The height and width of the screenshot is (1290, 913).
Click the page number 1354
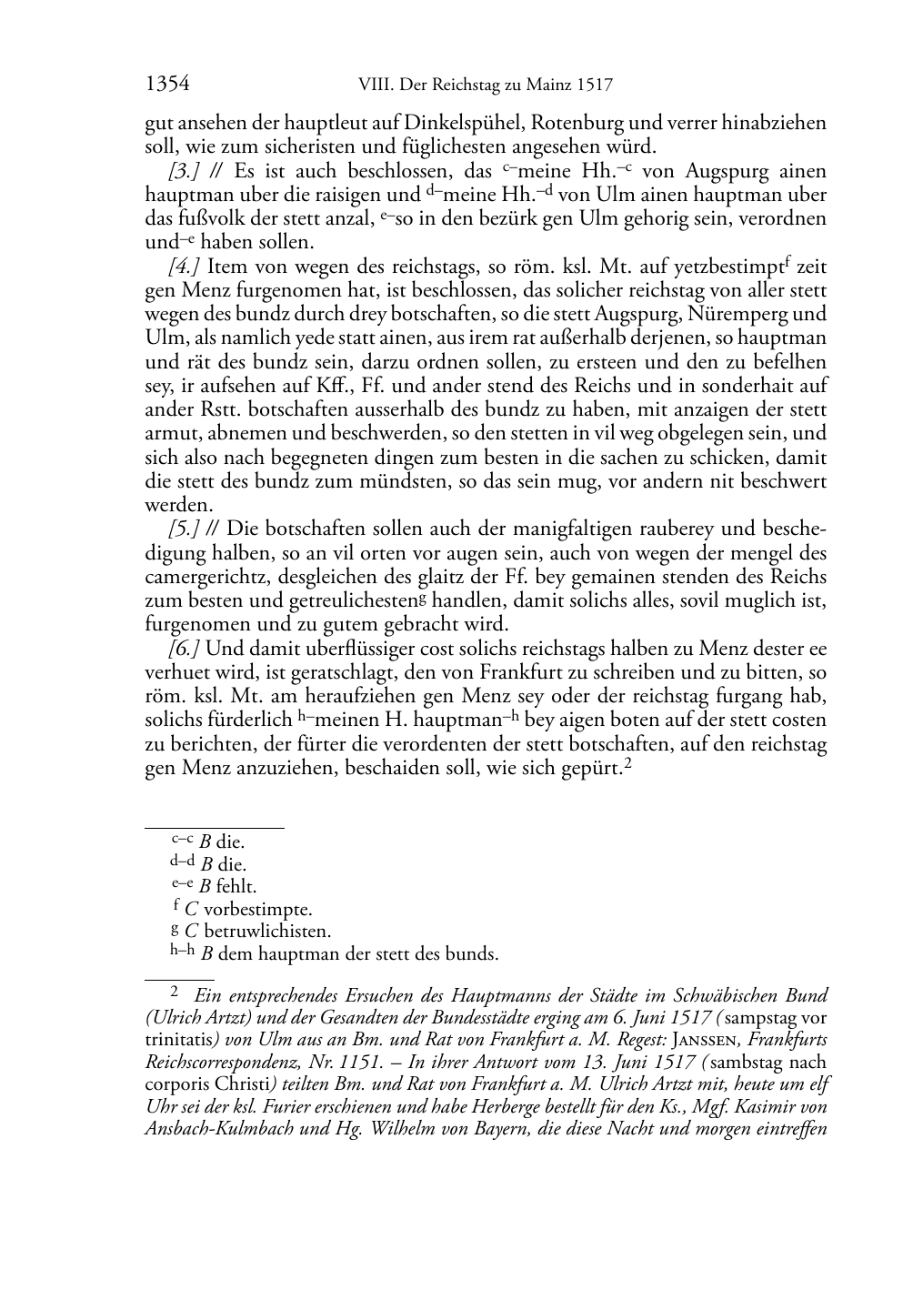tap(167, 86)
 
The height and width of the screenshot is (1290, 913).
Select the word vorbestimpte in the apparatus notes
tap(258, 909)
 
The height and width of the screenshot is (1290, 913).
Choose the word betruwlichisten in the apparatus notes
tap(267, 932)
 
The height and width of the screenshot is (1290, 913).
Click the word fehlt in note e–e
tap(236, 886)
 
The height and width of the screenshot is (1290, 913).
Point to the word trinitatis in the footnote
tap(176, 1039)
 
